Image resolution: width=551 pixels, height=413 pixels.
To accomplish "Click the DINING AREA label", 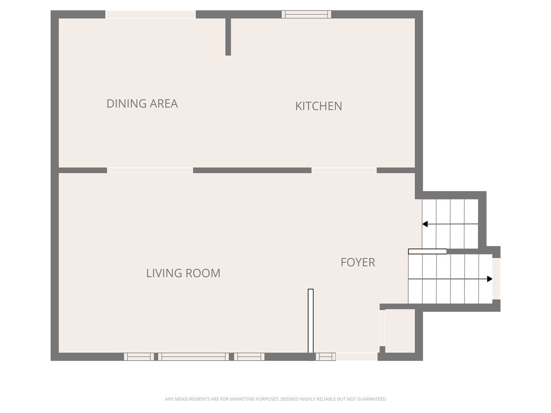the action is (x=142, y=104).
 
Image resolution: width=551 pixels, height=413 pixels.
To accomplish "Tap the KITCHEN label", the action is (x=319, y=106).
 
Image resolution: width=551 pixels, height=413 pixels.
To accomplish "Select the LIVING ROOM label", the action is (x=183, y=273).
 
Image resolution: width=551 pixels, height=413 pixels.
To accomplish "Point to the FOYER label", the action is (x=358, y=262).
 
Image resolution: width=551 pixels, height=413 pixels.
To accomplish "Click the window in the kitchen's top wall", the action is (x=306, y=14).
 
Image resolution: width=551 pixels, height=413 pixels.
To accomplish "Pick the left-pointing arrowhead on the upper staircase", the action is (x=425, y=224).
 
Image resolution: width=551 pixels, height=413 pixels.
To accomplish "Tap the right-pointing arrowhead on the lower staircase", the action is (x=489, y=279).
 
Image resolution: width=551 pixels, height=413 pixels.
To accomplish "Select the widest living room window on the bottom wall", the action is (x=194, y=356).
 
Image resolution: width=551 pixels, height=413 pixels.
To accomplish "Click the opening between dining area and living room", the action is (x=150, y=170).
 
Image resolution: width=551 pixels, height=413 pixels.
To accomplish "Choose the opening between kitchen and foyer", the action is (x=344, y=170).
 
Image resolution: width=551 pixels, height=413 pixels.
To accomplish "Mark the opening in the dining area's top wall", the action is (x=150, y=14).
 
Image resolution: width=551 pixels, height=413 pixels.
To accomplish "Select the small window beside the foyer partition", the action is (x=326, y=356).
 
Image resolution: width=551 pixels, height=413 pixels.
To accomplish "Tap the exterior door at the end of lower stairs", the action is (x=496, y=279).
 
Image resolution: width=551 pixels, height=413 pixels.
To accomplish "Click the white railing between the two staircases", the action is (x=427, y=251).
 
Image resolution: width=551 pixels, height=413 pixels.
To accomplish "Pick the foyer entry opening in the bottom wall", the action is (x=357, y=356).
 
